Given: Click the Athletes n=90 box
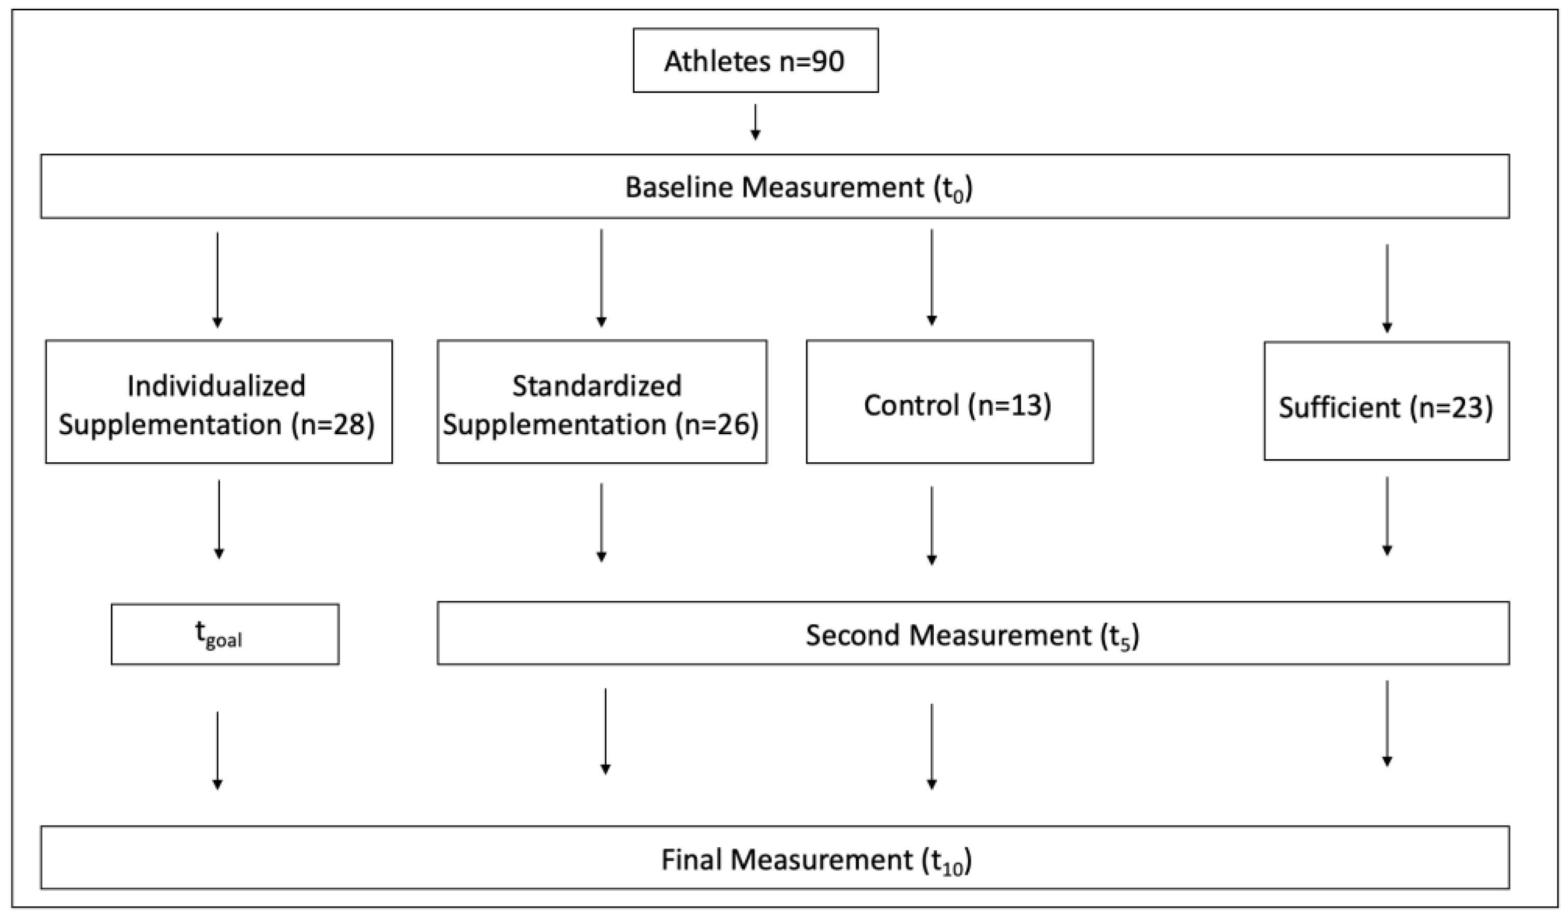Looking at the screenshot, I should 755,60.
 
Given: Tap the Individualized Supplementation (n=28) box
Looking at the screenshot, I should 219,402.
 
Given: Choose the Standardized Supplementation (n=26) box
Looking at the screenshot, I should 602,402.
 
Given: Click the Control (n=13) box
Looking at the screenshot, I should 949,402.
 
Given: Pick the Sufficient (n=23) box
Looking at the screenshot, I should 1386,402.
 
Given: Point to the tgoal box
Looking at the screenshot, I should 225,634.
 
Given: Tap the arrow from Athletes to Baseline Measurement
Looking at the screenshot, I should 755,122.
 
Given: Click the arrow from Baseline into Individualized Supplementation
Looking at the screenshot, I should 217,279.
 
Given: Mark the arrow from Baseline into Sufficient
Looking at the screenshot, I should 1386,288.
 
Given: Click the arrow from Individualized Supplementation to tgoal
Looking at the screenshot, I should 219,519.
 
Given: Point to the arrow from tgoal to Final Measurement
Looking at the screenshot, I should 217,751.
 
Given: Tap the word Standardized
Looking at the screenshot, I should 596,385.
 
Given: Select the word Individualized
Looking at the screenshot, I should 216,385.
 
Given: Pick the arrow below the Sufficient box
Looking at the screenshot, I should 1386,516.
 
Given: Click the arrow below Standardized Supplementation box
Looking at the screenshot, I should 601,522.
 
